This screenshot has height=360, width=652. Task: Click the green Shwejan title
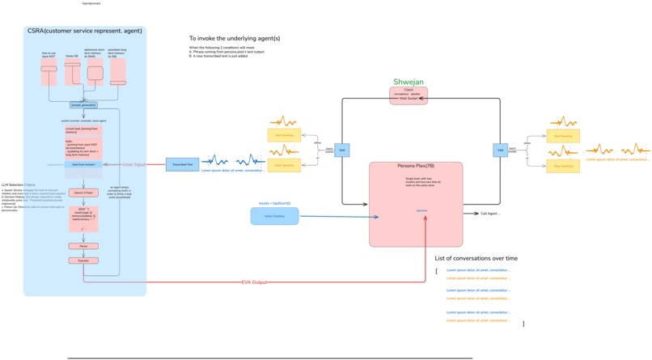point(408,83)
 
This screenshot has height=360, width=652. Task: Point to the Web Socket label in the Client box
point(409,98)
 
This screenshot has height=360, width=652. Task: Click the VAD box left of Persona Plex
point(342,150)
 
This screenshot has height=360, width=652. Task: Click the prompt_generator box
point(83,105)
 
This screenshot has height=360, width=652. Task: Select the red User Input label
point(134,164)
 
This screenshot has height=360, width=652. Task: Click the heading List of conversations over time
point(498,258)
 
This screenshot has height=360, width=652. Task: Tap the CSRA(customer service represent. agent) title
point(85,31)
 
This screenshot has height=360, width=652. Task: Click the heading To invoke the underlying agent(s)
point(235,38)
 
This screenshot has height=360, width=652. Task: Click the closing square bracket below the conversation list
point(523,324)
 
